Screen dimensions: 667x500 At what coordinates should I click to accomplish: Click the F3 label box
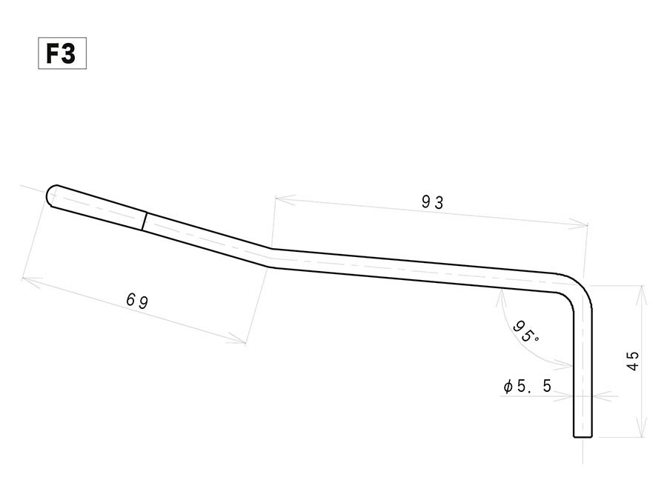(62, 53)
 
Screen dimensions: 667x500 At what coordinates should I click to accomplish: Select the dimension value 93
(433, 202)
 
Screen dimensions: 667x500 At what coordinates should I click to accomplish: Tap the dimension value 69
(137, 301)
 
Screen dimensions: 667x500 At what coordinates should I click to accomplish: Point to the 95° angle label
(525, 332)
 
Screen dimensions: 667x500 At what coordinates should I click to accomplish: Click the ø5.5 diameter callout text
(527, 386)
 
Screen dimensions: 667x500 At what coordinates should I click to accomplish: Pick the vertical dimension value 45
(633, 361)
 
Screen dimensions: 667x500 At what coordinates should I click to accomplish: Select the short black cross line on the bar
(145, 221)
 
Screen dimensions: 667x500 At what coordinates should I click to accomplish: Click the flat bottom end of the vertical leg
(583, 436)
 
